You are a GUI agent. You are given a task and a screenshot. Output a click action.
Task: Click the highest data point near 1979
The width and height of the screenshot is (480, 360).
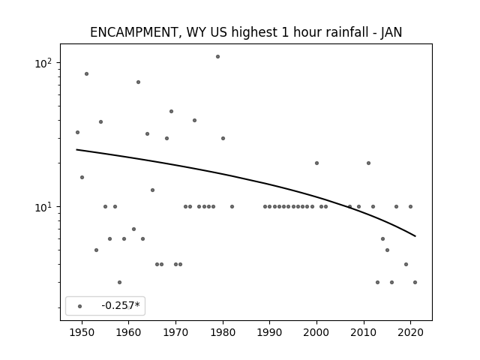point(217,57)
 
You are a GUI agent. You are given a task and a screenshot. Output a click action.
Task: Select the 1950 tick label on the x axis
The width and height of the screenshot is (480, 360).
point(82,332)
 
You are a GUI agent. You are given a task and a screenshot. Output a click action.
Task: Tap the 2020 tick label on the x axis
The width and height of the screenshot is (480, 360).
point(410,332)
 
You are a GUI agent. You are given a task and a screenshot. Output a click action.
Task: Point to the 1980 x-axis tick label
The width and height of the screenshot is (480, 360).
point(223,332)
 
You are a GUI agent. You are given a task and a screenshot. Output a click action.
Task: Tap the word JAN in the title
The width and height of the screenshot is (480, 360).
point(391,32)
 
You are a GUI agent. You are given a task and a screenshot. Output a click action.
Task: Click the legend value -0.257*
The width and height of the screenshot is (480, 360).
point(121,305)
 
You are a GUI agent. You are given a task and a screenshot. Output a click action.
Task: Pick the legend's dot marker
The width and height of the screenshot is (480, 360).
point(80,306)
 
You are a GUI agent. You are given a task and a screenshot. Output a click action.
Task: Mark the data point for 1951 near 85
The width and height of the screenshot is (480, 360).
point(87,73)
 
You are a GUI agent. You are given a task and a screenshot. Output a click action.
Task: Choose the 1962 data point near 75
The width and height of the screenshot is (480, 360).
point(138,82)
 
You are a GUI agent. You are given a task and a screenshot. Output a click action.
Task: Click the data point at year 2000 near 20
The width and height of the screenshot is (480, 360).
point(316,163)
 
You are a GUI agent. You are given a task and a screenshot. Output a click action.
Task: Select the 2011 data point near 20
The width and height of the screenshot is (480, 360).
point(368,163)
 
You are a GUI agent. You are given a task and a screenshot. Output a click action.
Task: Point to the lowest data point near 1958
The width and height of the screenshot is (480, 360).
point(119,282)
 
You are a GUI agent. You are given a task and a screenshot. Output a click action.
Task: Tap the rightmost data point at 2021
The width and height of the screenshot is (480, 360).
point(415,282)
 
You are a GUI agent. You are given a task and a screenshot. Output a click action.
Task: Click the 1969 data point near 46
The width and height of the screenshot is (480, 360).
point(172,112)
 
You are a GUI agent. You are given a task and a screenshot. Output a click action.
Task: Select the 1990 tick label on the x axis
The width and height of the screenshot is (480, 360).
point(270,332)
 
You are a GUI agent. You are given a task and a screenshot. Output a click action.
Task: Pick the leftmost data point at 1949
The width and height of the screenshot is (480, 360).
point(77,132)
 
